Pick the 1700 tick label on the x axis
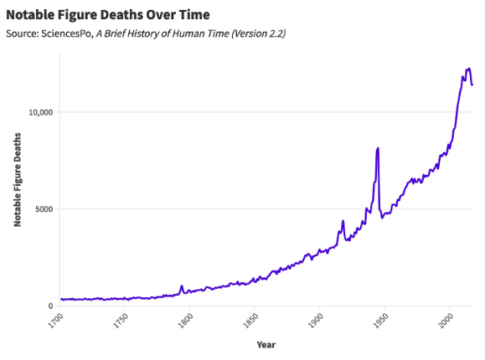tap(56, 321)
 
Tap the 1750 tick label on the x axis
tap(121, 321)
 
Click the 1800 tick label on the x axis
tap(186, 321)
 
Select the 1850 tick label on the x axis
tap(251, 321)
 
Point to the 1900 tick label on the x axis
tap(316, 321)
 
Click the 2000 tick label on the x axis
tap(446, 321)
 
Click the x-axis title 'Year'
tap(266, 344)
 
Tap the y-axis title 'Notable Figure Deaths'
tap(17, 180)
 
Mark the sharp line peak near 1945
tap(378, 148)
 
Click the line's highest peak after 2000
tap(468, 69)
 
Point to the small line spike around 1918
tap(343, 221)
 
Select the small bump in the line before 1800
tap(181, 286)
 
